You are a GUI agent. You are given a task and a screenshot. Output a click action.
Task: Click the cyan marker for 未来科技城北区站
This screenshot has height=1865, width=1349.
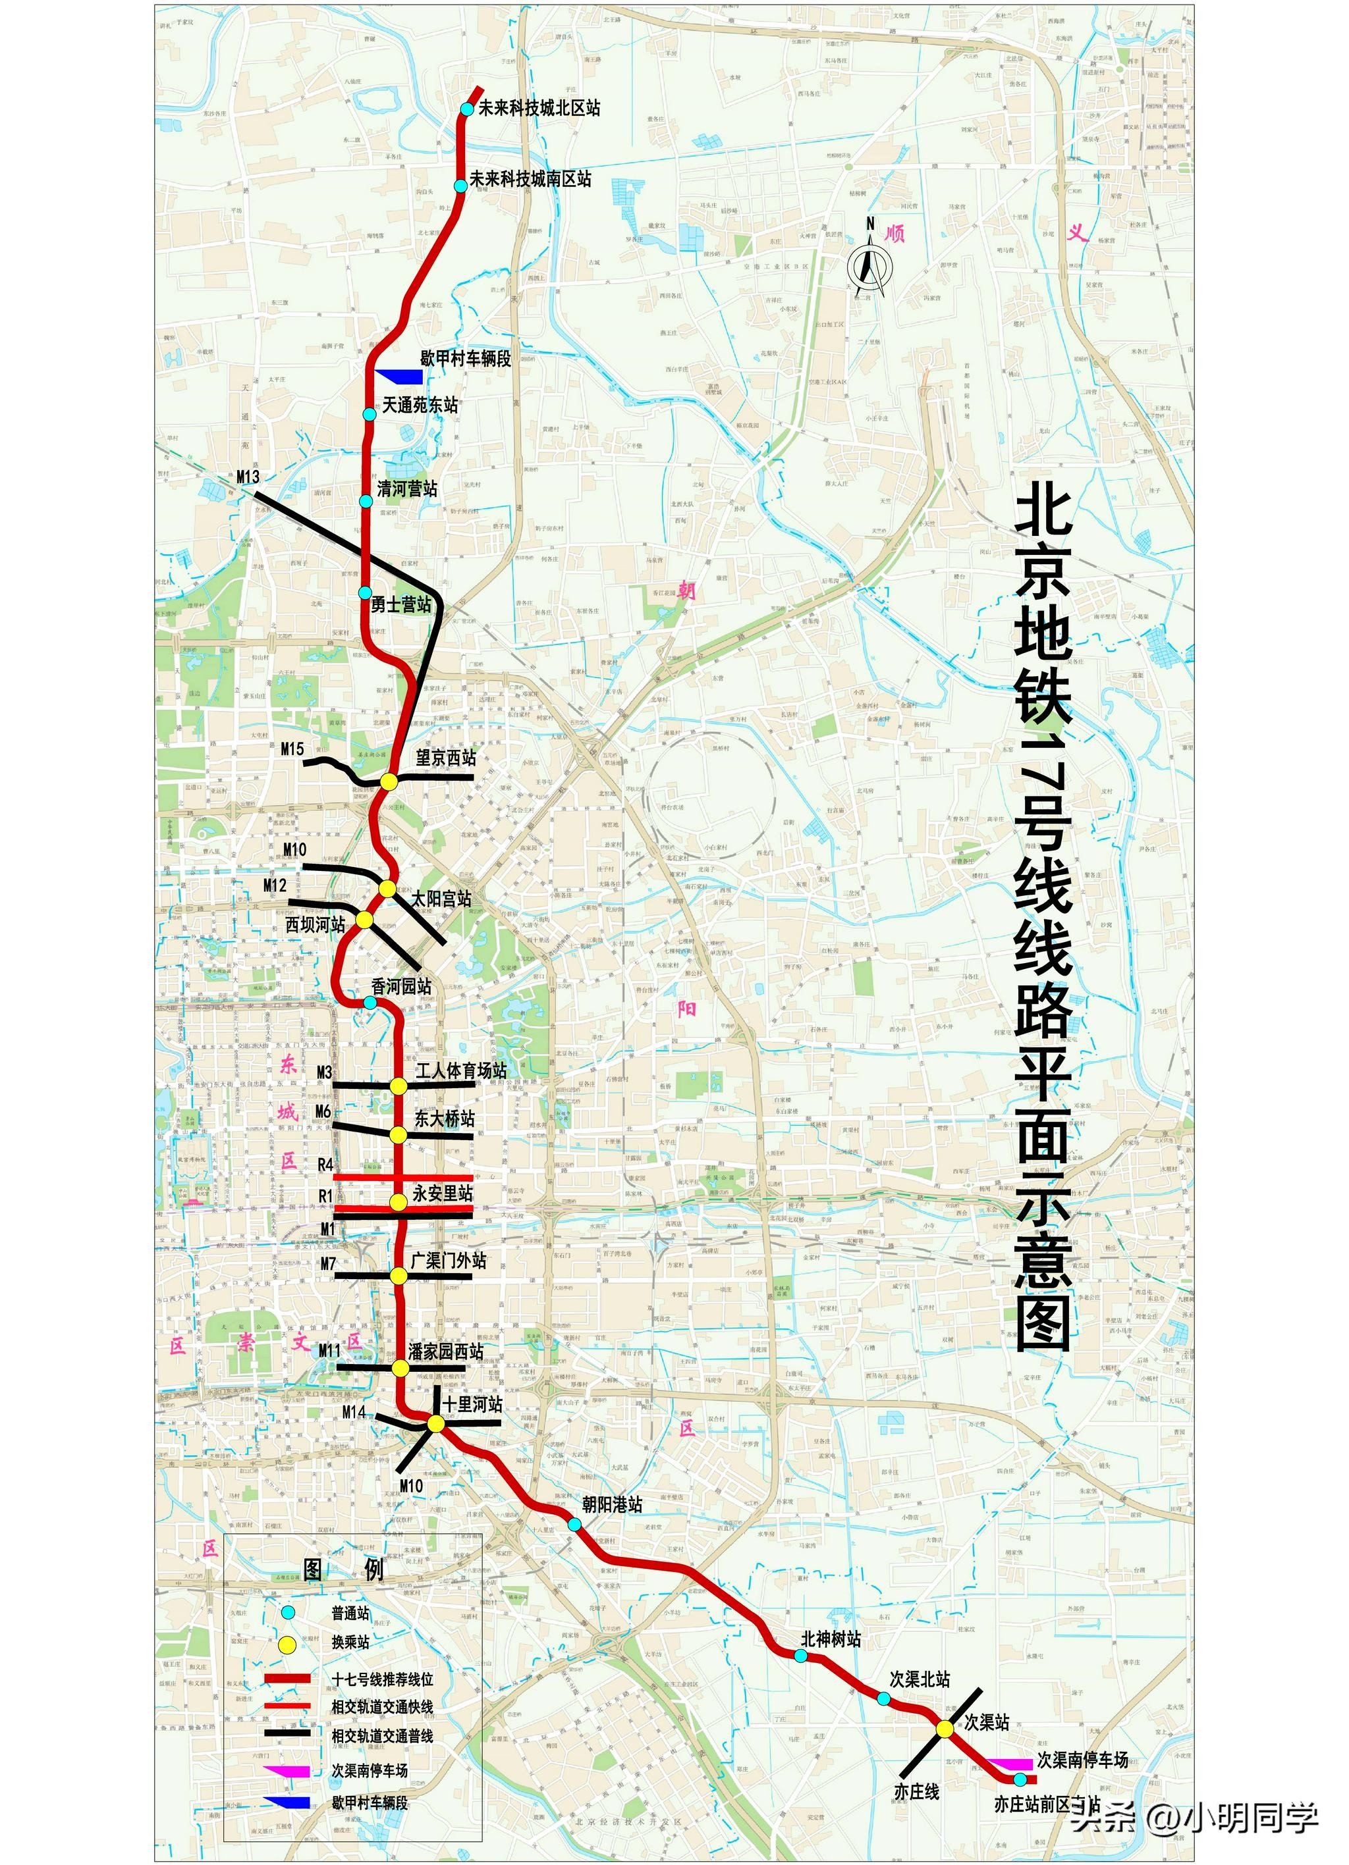pyautogui.click(x=467, y=109)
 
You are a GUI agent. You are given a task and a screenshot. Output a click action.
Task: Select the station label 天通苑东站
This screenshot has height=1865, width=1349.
pyautogui.click(x=420, y=405)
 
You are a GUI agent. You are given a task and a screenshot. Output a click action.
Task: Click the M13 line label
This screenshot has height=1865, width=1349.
pyautogui.click(x=248, y=477)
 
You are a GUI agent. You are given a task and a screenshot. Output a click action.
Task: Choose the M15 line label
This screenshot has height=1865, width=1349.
pyautogui.click(x=292, y=749)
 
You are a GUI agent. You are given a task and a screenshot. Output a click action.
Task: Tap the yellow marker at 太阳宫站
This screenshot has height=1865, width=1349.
pyautogui.click(x=387, y=888)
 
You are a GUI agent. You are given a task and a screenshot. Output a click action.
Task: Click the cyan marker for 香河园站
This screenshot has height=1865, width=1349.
pyautogui.click(x=370, y=1003)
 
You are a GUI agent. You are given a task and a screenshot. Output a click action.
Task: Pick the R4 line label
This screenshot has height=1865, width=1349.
pyautogui.click(x=326, y=1165)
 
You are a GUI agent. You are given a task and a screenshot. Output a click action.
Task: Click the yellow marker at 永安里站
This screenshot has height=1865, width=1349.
pyautogui.click(x=398, y=1202)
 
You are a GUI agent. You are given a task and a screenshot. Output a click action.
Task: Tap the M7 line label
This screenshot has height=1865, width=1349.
pyautogui.click(x=328, y=1264)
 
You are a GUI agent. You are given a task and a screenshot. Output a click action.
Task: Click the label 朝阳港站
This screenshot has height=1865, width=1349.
pyautogui.click(x=612, y=1504)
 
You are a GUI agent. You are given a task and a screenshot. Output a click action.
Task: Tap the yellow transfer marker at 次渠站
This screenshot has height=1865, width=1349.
pyautogui.click(x=945, y=1729)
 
